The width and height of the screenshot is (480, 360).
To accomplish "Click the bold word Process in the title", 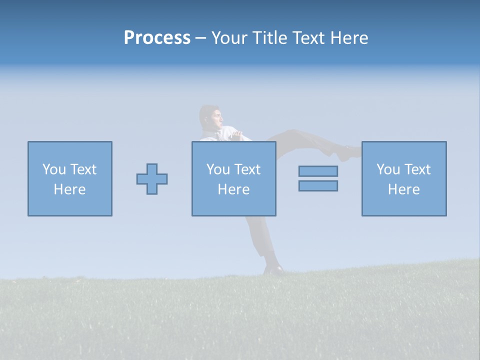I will (x=157, y=38).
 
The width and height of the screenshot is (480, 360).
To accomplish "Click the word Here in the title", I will (x=348, y=38).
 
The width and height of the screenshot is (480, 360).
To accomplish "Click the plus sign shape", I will (x=152, y=179).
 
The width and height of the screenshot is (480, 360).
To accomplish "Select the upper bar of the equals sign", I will (x=318, y=171).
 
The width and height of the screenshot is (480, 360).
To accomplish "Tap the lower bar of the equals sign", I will (x=318, y=185).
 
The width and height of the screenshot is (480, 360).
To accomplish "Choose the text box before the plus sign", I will (x=70, y=179).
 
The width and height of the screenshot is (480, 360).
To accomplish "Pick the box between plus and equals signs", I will (x=234, y=179).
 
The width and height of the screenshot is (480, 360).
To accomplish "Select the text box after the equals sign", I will (x=404, y=179).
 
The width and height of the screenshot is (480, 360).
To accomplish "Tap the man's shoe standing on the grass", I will (x=273, y=269).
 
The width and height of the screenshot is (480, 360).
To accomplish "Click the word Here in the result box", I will (x=404, y=189).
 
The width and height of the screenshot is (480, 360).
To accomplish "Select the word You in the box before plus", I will (x=53, y=169).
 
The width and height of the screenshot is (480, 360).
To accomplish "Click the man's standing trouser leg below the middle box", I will (x=259, y=235).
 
